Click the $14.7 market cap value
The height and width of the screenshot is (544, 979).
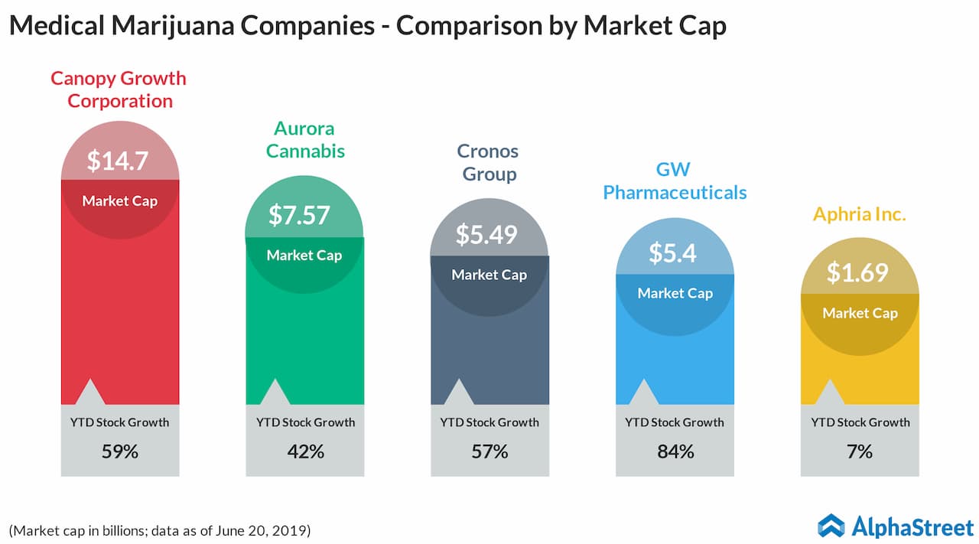point(119,161)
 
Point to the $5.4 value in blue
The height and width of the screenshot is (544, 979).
point(674,252)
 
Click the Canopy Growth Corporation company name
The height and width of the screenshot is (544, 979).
point(119,90)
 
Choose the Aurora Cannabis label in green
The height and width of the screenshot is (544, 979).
point(305,139)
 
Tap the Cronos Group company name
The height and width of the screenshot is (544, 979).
point(488,162)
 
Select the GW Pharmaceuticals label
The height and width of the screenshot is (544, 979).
point(675,181)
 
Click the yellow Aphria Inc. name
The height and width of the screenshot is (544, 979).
point(860,214)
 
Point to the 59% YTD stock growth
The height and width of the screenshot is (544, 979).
point(120,451)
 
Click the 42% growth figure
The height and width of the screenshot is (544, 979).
point(305,451)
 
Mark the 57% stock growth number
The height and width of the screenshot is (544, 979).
point(489,451)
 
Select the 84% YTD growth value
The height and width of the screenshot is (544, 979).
point(675,451)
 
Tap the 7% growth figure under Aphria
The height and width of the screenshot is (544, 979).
point(860,451)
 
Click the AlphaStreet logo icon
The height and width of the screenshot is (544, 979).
point(831,526)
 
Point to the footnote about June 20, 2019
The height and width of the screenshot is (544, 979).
point(160,529)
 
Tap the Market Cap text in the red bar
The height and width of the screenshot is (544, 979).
point(119,201)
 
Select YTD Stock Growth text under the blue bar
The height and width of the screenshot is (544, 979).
point(675,422)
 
